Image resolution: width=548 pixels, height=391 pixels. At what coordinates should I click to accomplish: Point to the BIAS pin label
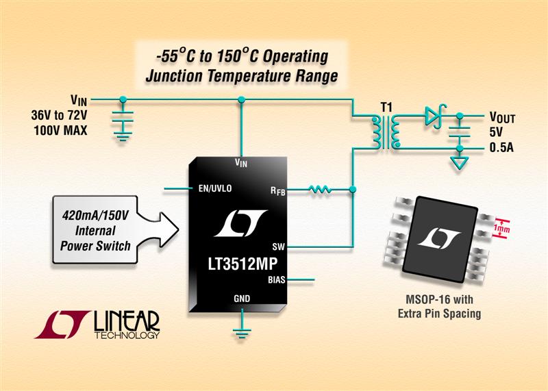tap(275, 279)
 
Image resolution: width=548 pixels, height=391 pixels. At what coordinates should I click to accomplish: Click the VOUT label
tap(502, 117)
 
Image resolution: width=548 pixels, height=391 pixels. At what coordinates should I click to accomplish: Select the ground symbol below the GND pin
tap(240, 334)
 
